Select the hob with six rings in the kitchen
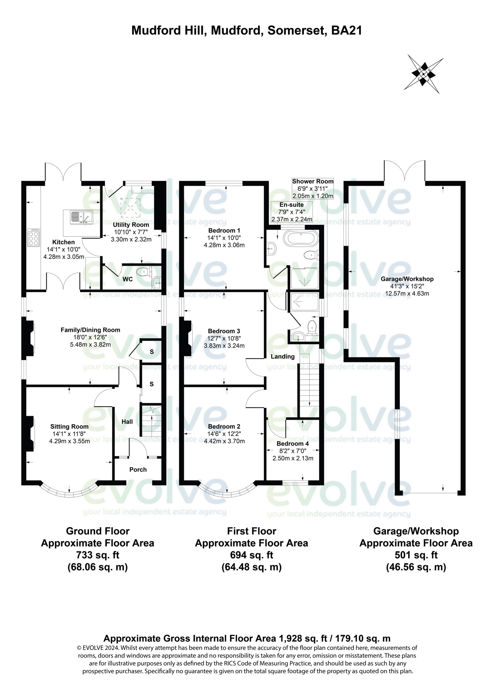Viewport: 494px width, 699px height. click(33, 237)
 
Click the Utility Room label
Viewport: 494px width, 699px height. click(131, 225)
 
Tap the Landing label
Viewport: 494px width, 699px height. click(282, 357)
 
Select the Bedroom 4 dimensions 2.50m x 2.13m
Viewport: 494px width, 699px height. click(293, 458)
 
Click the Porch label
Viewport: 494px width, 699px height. click(138, 469)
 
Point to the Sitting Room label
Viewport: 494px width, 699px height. click(69, 427)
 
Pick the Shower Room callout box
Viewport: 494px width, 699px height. click(313, 188)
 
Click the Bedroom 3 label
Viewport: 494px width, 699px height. click(224, 331)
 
